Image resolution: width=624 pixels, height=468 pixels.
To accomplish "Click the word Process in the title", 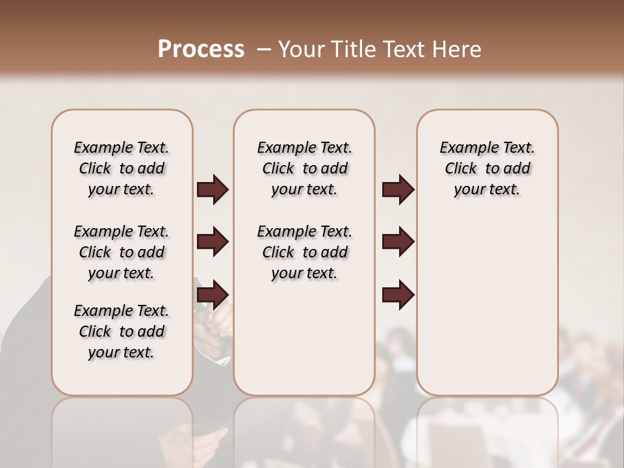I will pos(201,49).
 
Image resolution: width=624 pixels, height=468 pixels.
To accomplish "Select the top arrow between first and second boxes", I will pos(213,189).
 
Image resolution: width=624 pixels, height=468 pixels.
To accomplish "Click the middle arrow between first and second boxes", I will pos(213,242).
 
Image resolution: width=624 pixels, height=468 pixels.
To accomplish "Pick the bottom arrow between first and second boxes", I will pos(213,295).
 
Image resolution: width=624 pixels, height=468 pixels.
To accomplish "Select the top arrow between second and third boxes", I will pos(398,189).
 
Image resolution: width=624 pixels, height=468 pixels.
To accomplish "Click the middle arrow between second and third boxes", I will pos(398,242).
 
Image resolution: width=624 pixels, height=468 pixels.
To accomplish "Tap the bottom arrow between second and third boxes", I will pos(398,295).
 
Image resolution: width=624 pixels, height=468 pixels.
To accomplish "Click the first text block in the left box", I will pos(122,168).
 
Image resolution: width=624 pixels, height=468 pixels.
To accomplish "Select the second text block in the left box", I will pos(122,252).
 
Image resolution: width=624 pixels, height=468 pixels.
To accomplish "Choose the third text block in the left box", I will pos(122,331).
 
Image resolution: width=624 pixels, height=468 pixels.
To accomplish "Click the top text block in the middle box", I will pos(304,168).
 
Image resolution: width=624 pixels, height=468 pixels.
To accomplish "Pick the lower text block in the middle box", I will pos(304,252).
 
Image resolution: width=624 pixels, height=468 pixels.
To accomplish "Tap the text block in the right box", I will pos(487,168).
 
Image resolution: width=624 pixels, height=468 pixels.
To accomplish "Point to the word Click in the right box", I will pos(461,168).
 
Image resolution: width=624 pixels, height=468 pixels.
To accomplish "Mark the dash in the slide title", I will pos(264,49).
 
